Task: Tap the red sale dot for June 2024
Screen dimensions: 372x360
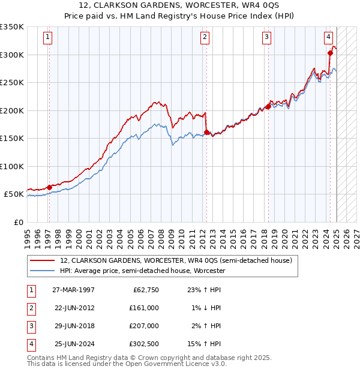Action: [330, 53]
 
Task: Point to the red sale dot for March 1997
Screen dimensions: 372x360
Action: [49, 187]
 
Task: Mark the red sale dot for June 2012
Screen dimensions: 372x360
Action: [206, 132]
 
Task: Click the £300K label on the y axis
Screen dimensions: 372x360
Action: [12, 55]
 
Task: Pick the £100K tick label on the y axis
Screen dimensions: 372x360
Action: [12, 166]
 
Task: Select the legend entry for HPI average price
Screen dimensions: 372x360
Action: [142, 271]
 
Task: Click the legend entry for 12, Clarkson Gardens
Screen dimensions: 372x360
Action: [176, 260]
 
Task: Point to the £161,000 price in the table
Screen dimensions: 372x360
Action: [144, 307]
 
